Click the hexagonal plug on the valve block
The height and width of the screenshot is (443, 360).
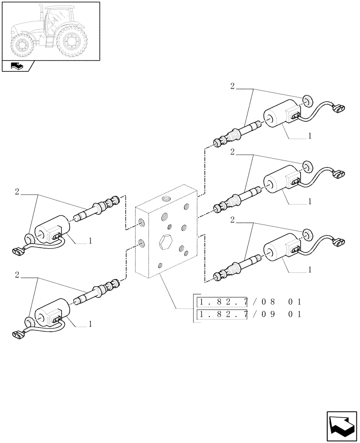(164, 241)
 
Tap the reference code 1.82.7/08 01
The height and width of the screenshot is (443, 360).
(250, 302)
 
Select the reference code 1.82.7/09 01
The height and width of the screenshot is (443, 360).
(250, 315)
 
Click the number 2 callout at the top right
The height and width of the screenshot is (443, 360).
(232, 86)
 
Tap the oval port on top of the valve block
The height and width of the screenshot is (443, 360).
(166, 198)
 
